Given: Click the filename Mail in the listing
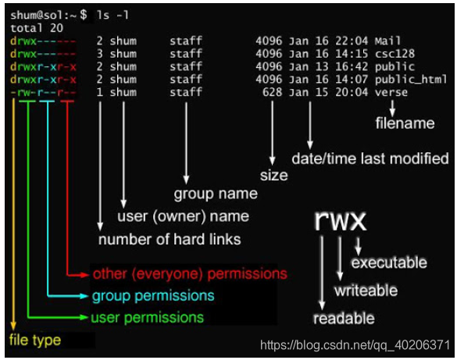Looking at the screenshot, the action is (x=387, y=41).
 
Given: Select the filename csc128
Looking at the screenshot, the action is (x=395, y=54).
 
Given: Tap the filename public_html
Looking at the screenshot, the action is (x=411, y=79).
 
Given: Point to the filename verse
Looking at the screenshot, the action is (x=391, y=92).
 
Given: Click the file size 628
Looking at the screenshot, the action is (x=272, y=92).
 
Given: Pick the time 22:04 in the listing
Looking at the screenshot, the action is (x=352, y=41).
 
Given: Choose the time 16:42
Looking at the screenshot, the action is (x=352, y=66).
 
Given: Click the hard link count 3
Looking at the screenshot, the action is (x=100, y=54).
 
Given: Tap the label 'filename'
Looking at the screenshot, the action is (x=405, y=123).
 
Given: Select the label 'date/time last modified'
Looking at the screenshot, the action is (x=370, y=159).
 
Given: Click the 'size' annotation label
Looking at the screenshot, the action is (x=274, y=176).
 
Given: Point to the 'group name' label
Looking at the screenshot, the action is (x=216, y=194).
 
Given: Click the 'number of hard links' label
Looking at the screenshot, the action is (x=170, y=240).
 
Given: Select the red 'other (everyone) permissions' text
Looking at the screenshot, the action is (x=190, y=274).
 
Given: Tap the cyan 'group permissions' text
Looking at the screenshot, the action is (x=153, y=296).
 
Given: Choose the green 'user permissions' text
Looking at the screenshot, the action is (x=147, y=318).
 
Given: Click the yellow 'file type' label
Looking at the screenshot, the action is (x=35, y=340).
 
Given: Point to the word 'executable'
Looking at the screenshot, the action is (x=389, y=262).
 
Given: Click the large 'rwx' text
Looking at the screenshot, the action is (x=341, y=220).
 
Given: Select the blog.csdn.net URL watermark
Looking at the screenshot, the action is (x=355, y=345).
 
